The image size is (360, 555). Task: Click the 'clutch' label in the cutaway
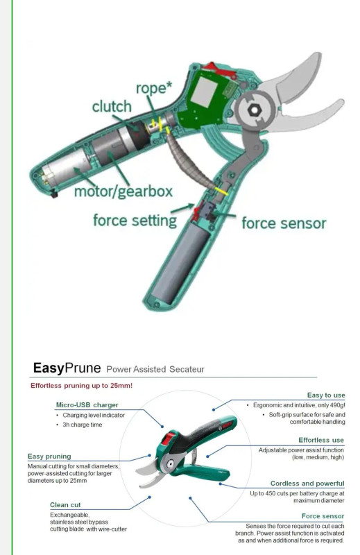tap(112, 107)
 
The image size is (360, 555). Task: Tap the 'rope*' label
tap(154, 88)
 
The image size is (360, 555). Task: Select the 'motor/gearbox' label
tap(123, 191)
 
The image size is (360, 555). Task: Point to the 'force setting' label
tap(135, 221)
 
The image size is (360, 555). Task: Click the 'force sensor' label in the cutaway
tap(284, 223)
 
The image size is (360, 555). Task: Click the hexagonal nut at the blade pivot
tap(254, 110)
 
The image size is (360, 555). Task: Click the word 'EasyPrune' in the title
tap(67, 368)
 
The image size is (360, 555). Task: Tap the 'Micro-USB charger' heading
tap(87, 405)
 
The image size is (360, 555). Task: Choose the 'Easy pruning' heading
tap(49, 456)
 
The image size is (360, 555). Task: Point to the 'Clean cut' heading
tap(65, 505)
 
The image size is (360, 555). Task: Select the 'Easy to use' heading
tap(325, 395)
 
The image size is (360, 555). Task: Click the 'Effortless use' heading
tap(321, 440)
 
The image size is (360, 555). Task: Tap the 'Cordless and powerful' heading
tap(307, 484)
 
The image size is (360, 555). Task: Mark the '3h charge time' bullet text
tap(82, 425)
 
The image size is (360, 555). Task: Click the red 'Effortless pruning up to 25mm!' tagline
tap(81, 386)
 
